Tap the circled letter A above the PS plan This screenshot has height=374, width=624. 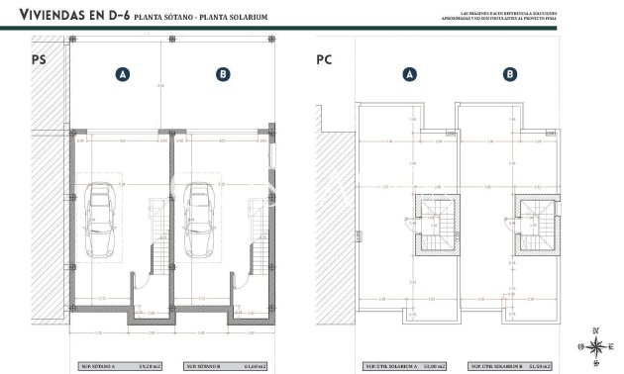tap(123, 74)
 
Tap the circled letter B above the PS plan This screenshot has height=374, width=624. tap(223, 74)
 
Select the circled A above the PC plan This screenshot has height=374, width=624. tap(410, 74)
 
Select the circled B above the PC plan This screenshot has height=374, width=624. tap(509, 74)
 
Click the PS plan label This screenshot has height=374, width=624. tap(40, 60)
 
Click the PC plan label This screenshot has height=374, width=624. tap(324, 60)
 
